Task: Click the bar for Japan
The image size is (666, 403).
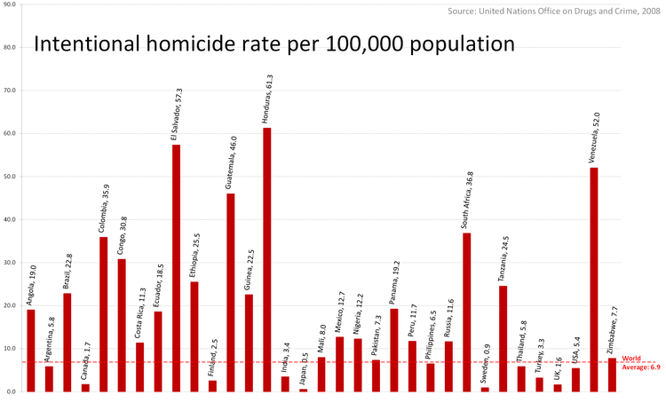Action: (x=303, y=390)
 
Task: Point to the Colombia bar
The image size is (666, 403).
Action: (x=103, y=314)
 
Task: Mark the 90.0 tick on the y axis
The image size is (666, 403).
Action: (x=10, y=4)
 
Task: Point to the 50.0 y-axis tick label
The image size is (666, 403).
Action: (x=10, y=177)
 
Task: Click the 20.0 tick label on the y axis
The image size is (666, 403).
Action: (x=10, y=305)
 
